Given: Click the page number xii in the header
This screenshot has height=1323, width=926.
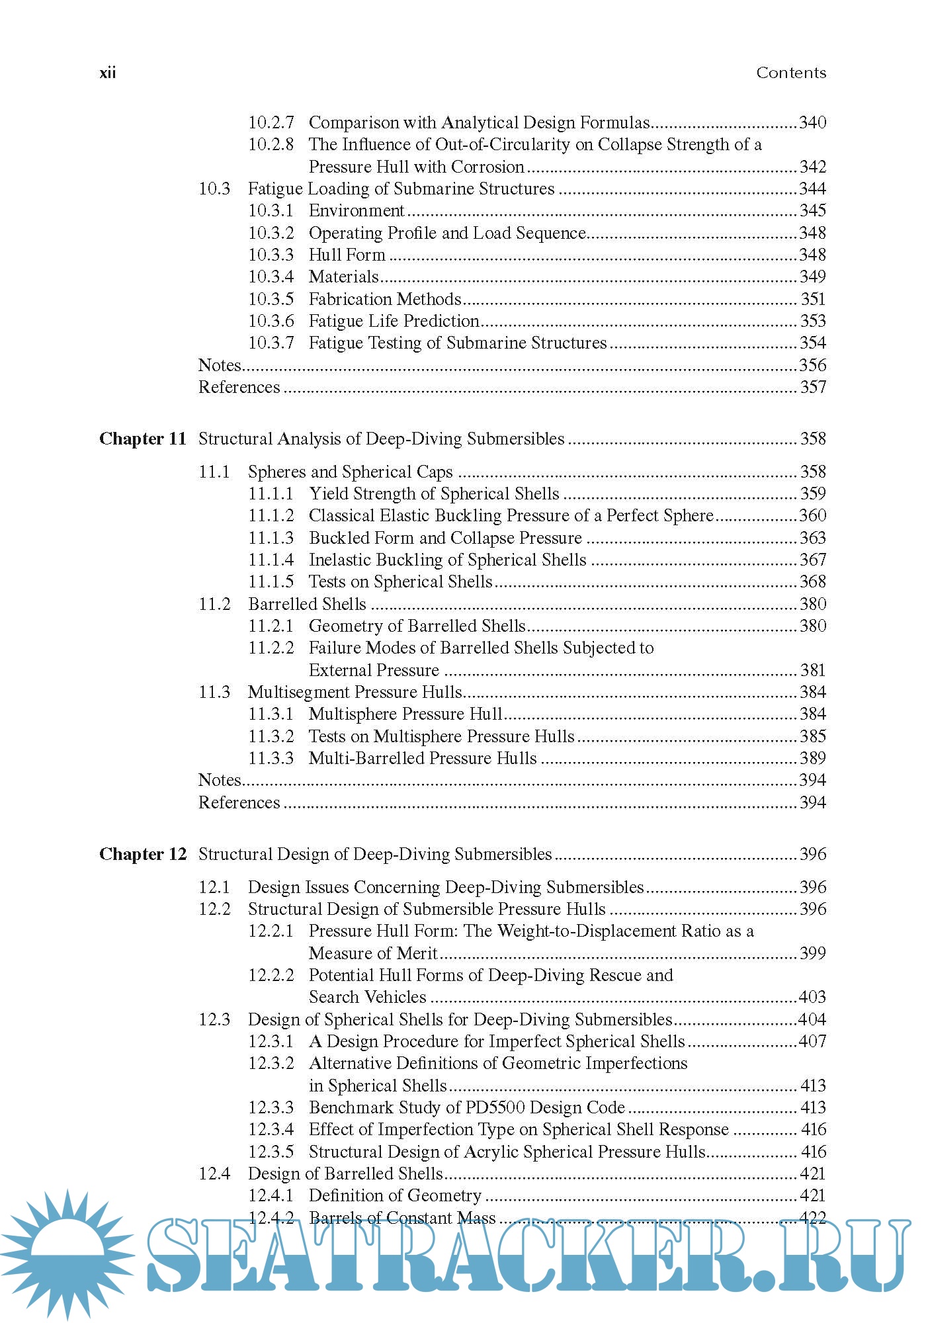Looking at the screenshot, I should click(107, 73).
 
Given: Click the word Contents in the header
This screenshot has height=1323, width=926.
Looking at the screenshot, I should click(791, 73).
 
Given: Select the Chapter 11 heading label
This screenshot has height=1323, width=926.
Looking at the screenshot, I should click(143, 439).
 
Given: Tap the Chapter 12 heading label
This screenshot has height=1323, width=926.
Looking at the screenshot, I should click(143, 854).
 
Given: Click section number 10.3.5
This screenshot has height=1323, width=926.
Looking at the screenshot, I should click(271, 299).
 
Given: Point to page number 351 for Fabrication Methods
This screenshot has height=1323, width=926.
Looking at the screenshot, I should click(813, 299).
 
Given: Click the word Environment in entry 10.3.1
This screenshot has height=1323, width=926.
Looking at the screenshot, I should click(356, 210).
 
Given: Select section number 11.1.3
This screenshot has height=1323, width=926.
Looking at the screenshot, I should click(271, 538).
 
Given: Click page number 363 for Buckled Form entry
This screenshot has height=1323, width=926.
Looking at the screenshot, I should click(813, 538).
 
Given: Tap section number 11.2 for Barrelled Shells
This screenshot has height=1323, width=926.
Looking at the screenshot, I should click(214, 604).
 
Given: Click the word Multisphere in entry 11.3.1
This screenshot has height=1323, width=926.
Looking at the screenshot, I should click(353, 714).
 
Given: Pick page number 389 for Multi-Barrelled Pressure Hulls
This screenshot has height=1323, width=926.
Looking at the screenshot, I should click(813, 758).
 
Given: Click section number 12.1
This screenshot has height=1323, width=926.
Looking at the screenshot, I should click(214, 887).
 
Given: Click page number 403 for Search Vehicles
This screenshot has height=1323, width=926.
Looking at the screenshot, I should click(813, 997).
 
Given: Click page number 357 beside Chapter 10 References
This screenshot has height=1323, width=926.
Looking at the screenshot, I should click(813, 387).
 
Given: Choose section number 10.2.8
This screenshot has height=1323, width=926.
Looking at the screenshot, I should click(271, 144).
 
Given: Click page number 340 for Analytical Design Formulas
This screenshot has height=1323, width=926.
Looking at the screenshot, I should click(813, 122).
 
